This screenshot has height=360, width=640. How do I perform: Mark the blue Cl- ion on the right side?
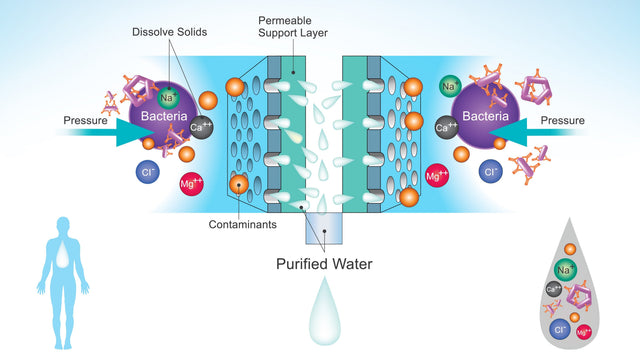[490, 172]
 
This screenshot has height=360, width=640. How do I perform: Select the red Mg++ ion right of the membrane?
[437, 176]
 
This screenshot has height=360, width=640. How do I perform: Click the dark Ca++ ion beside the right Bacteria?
[447, 127]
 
